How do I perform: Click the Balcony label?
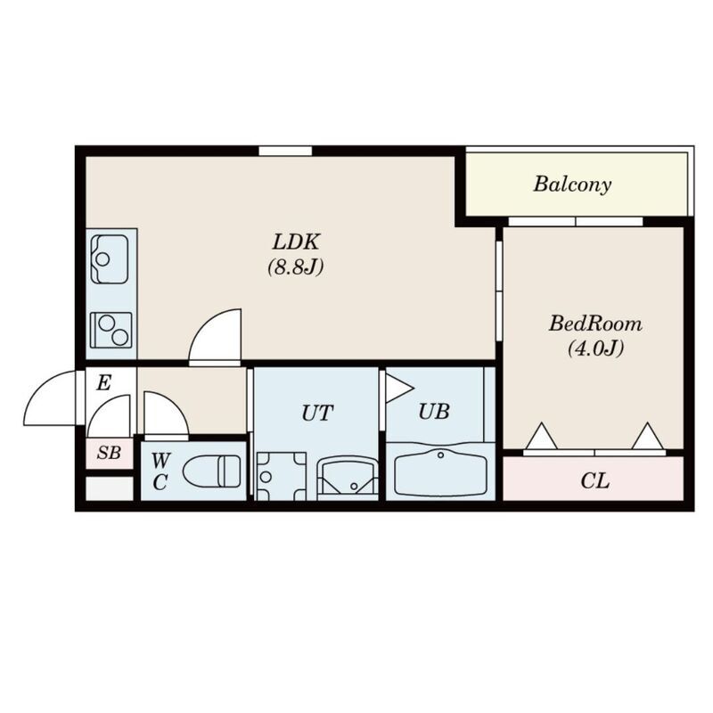tap(572, 184)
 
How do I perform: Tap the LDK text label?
tap(296, 242)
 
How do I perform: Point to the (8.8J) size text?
tap(296, 266)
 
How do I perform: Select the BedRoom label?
tap(595, 324)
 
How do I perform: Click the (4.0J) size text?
tap(595, 348)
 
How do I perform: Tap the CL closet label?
tap(594, 480)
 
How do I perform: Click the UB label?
tap(434, 412)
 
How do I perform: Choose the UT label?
tap(317, 413)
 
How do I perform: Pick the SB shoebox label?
tap(109, 453)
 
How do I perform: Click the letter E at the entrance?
tap(103, 383)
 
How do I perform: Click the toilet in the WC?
tap(212, 471)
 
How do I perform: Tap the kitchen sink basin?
tap(110, 259)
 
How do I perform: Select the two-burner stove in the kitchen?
tap(111, 330)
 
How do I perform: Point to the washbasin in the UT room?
tap(348, 479)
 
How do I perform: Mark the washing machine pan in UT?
tap(281, 476)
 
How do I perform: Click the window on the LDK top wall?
tap(285, 151)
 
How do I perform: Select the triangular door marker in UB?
tap(398, 389)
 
